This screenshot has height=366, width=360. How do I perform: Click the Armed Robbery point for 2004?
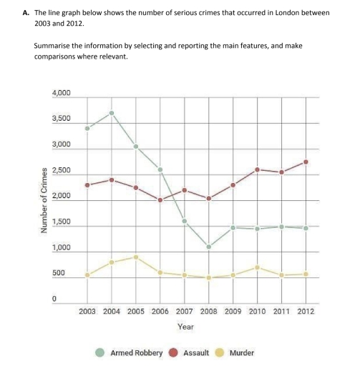click(112, 113)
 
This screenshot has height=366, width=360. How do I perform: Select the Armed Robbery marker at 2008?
click(209, 247)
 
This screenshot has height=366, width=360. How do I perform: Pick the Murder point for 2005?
click(136, 257)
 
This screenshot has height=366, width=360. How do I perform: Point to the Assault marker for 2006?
click(160, 200)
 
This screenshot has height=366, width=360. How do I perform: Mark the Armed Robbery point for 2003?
click(87, 129)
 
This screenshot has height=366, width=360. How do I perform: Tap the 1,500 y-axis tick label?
click(62, 222)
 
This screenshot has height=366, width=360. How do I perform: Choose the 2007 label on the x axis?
click(185, 311)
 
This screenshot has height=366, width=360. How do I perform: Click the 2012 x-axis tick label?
click(306, 311)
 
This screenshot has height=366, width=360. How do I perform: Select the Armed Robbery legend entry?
click(136, 352)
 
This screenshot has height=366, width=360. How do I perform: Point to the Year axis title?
click(185, 326)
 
